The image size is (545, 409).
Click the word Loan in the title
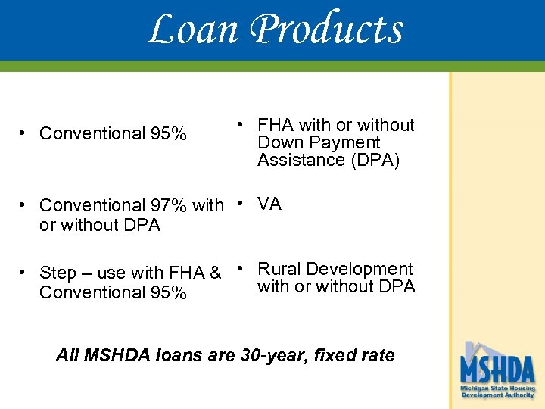click(x=193, y=30)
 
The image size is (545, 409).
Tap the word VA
click(x=269, y=204)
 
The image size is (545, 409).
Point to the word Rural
click(x=280, y=269)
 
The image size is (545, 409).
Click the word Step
click(x=57, y=273)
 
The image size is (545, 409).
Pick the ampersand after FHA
click(x=215, y=273)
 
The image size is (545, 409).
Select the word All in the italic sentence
click(x=67, y=355)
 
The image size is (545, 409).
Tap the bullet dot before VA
click(x=238, y=203)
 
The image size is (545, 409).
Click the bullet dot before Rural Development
click(x=238, y=268)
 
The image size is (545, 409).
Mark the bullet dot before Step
click(x=24, y=272)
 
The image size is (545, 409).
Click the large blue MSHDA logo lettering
click(x=497, y=370)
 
